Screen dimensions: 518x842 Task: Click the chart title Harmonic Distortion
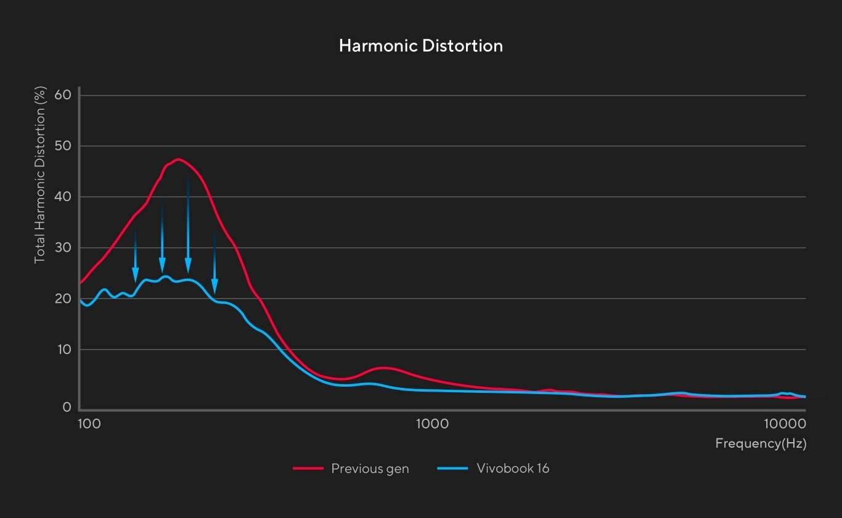(421, 46)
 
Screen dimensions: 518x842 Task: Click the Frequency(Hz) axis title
(761, 443)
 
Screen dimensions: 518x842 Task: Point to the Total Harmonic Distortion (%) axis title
(40, 176)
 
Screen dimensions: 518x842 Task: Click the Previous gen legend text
(370, 469)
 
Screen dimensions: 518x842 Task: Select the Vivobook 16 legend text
(513, 469)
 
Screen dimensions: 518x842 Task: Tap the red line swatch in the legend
(308, 469)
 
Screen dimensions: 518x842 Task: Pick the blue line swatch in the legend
(452, 469)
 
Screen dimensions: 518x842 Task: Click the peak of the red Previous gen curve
(178, 160)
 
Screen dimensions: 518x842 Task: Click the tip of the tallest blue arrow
(188, 272)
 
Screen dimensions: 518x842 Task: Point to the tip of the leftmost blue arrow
(136, 282)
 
